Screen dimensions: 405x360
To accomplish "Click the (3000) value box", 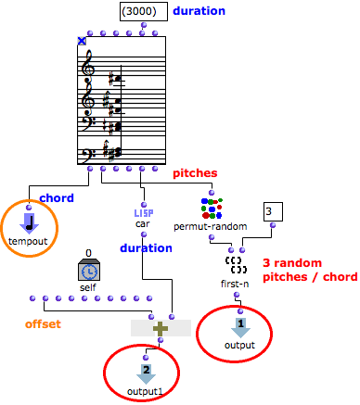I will coord(144,11).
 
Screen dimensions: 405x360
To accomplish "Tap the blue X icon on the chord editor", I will coord(82,41).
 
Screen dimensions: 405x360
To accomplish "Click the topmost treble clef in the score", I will coord(89,64).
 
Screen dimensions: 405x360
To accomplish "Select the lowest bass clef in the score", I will coord(90,151).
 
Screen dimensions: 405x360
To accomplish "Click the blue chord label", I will coord(56,197).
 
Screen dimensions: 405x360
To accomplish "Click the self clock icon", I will coord(88,269).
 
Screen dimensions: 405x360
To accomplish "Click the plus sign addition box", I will coord(161,327).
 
